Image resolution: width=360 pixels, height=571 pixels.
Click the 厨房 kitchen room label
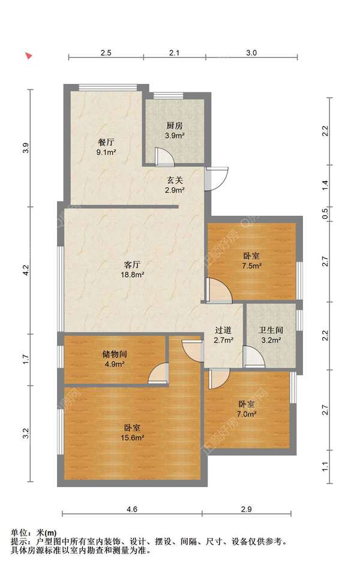175,126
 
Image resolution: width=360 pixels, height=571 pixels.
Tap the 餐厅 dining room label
106,142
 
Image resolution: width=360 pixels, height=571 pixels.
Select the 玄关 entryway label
175,180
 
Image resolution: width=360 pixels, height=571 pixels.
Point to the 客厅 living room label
132,265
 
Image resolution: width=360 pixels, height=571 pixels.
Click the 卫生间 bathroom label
271,330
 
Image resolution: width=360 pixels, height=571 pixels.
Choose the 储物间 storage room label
115,354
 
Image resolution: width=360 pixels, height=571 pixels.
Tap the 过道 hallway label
223,330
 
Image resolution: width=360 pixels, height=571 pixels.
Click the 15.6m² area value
132,438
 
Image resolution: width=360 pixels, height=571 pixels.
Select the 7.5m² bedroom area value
251,266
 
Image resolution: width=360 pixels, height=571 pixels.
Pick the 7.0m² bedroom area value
247,414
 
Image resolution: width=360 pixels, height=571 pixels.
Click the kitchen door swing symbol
164,157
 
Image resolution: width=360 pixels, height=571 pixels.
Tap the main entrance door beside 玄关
216,179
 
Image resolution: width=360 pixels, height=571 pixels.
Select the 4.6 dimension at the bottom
132,509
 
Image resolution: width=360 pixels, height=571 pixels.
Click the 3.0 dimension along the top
251,53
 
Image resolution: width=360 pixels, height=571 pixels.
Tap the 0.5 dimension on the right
325,213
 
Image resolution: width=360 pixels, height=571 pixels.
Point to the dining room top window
108,87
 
